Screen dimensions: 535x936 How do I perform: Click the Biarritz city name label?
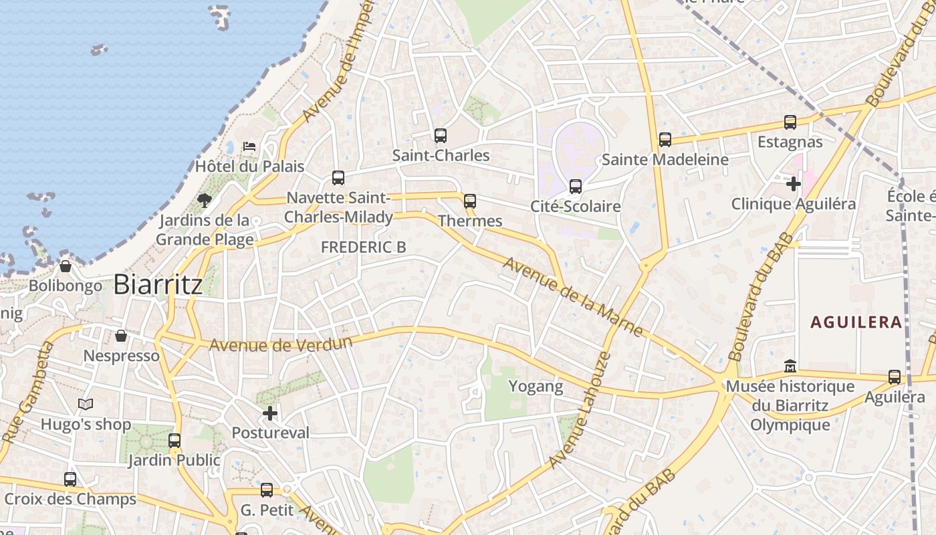[158, 284]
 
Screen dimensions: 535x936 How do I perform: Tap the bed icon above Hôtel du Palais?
[249, 146]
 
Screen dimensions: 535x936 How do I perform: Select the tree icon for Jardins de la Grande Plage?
[205, 200]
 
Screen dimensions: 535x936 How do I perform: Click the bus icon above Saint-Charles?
[440, 136]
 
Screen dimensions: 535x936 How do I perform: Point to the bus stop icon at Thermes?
[470, 201]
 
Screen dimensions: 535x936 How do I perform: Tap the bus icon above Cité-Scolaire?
[576, 187]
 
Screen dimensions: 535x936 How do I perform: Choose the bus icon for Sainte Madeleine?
[665, 140]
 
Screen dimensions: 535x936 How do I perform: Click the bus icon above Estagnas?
[790, 122]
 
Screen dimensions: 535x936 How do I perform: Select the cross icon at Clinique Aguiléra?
[794, 183]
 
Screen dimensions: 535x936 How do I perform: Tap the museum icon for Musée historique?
[790, 366]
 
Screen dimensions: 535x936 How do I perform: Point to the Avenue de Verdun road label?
[281, 344]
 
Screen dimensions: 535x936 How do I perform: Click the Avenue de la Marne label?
[573, 296]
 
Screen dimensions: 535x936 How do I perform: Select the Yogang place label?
[536, 387]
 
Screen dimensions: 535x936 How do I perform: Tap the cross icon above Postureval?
[270, 413]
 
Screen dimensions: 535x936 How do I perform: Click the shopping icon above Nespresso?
[121, 336]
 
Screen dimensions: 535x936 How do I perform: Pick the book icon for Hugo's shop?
[86, 404]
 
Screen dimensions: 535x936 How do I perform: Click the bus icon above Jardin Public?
[174, 441]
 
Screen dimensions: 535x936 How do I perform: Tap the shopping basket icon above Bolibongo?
[66, 266]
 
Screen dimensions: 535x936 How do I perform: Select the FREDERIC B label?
[363, 247]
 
